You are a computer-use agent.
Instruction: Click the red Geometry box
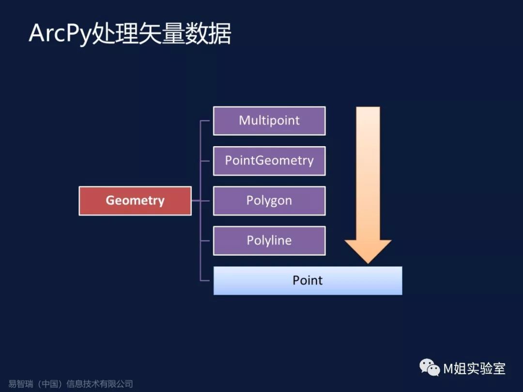click(x=135, y=200)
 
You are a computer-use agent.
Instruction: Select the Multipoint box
click(x=269, y=121)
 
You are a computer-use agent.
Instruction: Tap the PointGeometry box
click(x=269, y=161)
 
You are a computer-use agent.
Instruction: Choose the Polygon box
click(x=269, y=200)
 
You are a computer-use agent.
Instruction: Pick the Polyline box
click(x=269, y=241)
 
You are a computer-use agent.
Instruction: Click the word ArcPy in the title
click(x=60, y=34)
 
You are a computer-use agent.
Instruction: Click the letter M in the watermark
click(x=448, y=369)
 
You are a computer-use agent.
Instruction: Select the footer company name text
click(x=71, y=384)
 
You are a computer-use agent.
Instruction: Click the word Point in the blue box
click(x=308, y=280)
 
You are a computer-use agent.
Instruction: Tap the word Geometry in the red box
click(x=135, y=200)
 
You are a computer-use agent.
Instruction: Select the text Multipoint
click(x=269, y=121)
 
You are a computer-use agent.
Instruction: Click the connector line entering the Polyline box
click(x=207, y=241)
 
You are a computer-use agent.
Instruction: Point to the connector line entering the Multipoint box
click(x=207, y=121)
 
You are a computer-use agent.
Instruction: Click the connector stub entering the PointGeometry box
click(x=207, y=161)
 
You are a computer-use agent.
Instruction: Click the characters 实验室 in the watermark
click(x=487, y=369)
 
